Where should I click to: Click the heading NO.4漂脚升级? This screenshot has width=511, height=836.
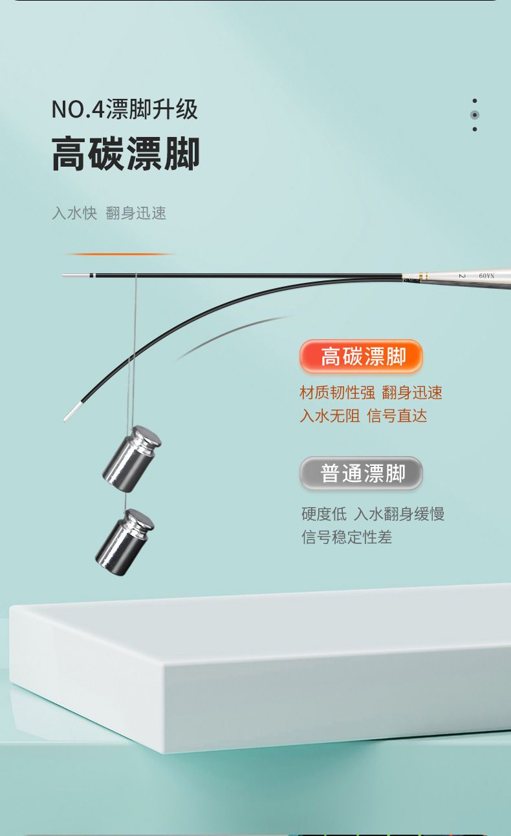124,109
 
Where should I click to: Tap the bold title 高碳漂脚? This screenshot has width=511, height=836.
125,153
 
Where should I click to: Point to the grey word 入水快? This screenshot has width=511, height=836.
74,213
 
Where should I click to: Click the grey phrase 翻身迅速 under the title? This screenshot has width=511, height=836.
136,213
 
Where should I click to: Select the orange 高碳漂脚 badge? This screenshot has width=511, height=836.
361,356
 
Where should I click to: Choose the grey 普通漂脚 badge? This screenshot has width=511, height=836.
361,473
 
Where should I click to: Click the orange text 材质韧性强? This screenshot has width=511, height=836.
337,393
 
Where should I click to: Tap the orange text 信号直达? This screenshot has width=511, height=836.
397,416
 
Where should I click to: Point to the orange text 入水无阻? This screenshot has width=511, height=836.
330,416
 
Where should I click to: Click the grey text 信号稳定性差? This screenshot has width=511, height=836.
347,537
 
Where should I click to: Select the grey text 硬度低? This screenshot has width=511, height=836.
324,514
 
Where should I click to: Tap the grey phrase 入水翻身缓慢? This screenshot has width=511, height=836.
399,514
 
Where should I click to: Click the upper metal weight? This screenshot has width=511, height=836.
132,459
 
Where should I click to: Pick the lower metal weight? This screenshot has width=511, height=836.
125,542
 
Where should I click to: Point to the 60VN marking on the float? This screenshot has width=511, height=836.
486,276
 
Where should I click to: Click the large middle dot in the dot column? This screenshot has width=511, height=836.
475,115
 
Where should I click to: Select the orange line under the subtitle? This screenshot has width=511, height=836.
120,254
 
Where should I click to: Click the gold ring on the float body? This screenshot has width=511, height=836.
421,276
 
